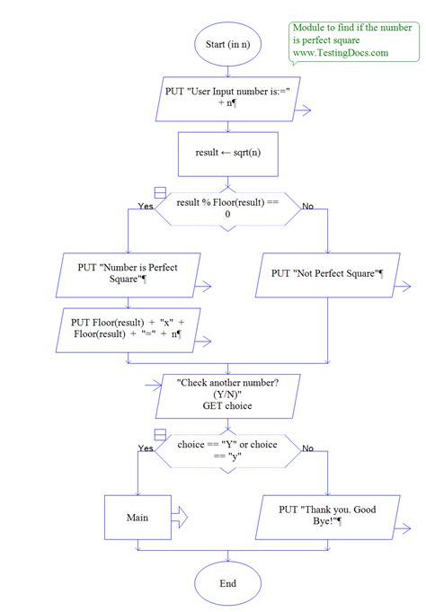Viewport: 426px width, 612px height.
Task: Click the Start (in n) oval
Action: tap(227, 44)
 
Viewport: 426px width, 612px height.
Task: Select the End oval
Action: tap(227, 583)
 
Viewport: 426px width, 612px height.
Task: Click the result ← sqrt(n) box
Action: tap(227, 153)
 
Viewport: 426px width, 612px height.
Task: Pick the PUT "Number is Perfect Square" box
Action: tap(128, 273)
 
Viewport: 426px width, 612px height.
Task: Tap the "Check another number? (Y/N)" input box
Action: tap(227, 393)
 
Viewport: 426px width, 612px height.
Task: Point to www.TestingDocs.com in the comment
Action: tap(339, 53)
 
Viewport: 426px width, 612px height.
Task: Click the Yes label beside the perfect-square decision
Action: tap(145, 207)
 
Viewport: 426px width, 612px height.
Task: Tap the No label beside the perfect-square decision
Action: tap(307, 207)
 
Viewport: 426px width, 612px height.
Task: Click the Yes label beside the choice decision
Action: tap(145, 448)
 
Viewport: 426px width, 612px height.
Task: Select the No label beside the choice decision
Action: tap(307, 448)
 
